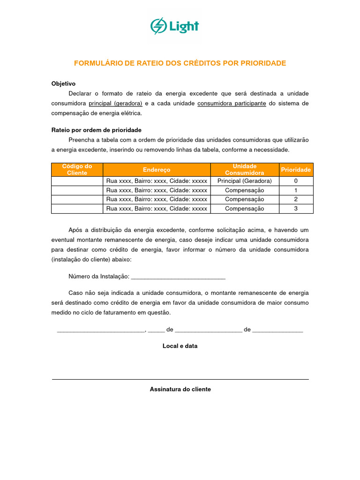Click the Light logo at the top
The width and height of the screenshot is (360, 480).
[175, 26]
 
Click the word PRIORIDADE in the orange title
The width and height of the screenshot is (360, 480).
[263, 63]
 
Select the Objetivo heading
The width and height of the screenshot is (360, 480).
[63, 83]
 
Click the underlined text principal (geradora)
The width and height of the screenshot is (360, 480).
[115, 103]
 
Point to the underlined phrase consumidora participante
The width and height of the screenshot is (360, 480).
[232, 103]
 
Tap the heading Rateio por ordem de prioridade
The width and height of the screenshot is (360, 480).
[96, 130]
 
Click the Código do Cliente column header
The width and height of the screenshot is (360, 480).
[77, 169]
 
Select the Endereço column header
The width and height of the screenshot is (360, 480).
[157, 169]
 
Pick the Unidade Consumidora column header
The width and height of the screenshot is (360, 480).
[245, 169]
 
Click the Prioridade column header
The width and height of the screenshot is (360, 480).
[296, 169]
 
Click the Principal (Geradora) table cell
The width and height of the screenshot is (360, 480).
[245, 181]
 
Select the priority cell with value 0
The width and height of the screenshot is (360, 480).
[296, 181]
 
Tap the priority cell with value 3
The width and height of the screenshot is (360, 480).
[296, 209]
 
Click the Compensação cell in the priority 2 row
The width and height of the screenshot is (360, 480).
[245, 199]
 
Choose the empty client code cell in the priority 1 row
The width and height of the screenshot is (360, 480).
[77, 190]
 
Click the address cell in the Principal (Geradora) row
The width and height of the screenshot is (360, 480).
[157, 181]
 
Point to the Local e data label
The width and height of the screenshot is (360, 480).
[180, 346]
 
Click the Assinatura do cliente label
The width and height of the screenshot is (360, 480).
[180, 389]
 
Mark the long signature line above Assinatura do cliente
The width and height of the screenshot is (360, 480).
[180, 379]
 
